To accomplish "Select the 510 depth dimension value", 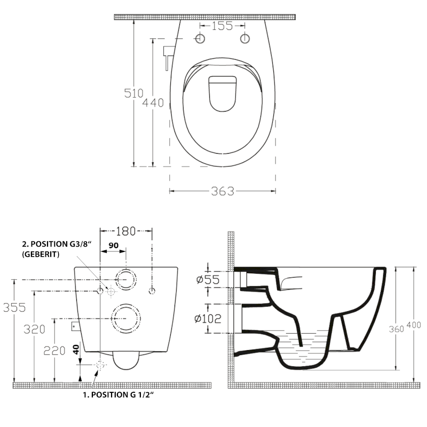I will (134, 93).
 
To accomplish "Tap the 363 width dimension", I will (223, 191).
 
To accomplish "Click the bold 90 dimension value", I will (114, 245).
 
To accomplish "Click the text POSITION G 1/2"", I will (118, 396).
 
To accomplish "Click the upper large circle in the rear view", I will (125, 279).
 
